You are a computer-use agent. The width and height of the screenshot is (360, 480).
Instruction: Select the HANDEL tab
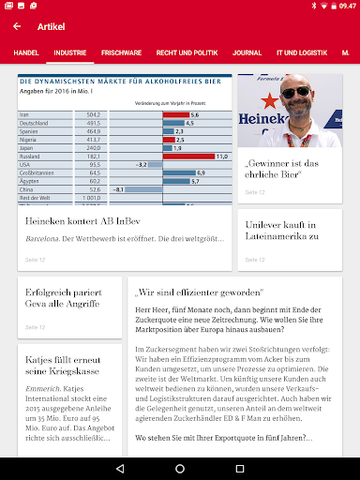click(x=26, y=53)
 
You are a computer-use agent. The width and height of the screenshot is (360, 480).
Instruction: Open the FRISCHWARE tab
click(x=121, y=53)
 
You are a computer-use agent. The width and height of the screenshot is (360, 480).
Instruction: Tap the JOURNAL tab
click(x=247, y=53)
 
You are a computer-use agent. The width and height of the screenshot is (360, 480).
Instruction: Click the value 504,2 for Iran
click(x=94, y=113)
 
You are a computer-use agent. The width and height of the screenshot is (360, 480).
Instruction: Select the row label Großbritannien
click(x=42, y=172)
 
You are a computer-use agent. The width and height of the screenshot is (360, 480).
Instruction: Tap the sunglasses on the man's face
click(x=296, y=93)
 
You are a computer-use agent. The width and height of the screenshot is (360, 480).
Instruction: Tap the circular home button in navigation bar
click(x=179, y=466)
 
